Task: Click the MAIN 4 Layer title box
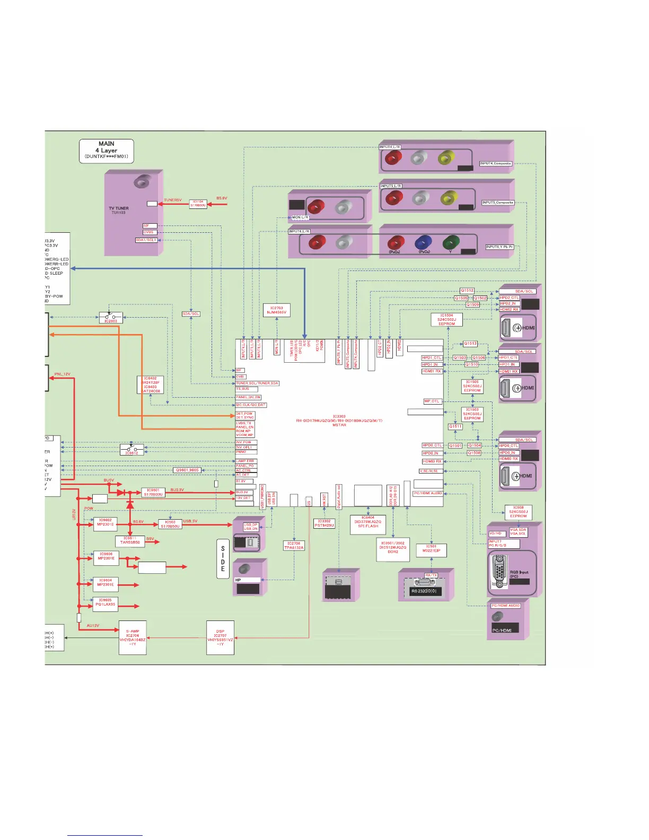(106, 151)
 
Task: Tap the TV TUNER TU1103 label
(119, 210)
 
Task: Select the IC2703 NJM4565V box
(277, 310)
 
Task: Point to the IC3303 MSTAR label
(339, 421)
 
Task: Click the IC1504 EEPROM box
(446, 319)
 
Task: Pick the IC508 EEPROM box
(518, 512)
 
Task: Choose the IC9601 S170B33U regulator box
(153, 492)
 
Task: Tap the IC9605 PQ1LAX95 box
(105, 602)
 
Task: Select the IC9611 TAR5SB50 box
(130, 540)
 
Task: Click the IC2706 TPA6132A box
(294, 545)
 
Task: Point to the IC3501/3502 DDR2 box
(392, 547)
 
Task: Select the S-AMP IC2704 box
(132, 637)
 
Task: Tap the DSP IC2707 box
(220, 637)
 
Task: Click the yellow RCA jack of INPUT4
(446, 157)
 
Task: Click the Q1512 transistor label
(467, 291)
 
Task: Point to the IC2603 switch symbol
(111, 318)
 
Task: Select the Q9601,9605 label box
(187, 470)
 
